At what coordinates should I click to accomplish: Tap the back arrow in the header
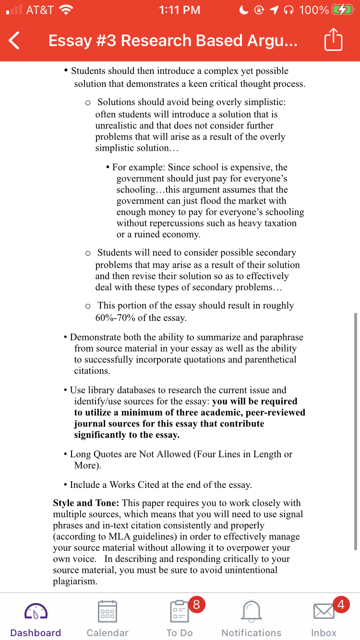14,41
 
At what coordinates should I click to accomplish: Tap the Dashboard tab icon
36,611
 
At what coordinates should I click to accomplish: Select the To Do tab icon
179,611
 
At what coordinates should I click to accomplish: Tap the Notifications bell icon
251,611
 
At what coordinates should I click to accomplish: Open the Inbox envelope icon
324,611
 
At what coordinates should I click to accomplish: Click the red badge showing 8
196,604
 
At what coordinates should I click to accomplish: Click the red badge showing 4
340,604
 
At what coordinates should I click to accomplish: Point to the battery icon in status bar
342,10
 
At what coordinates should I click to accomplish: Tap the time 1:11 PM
180,10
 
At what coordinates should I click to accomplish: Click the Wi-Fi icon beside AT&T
66,10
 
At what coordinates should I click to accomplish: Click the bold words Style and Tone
86,503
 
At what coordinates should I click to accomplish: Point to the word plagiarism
75,581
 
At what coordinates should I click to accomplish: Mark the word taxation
279,223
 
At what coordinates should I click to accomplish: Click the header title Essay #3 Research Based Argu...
173,41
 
